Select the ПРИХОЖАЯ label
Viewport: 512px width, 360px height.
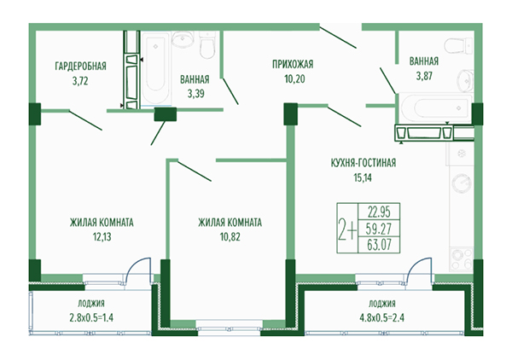pos(293,64)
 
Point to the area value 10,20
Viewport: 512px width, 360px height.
pos(293,78)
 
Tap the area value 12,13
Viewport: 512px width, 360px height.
pos(102,237)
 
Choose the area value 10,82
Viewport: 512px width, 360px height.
pos(229,237)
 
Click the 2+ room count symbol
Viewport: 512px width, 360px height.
pos(347,228)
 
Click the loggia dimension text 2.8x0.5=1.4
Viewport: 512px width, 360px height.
pos(90,318)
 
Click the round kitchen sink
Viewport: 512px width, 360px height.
pos(461,185)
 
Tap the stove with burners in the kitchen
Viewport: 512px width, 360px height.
pos(462,241)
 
